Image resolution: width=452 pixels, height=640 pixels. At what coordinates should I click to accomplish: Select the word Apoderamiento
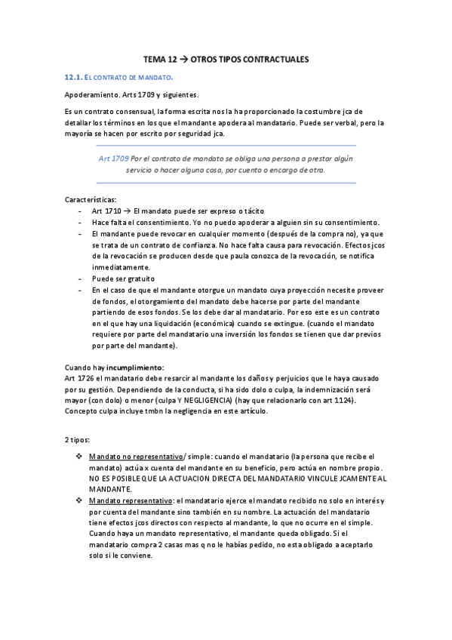pos(89,95)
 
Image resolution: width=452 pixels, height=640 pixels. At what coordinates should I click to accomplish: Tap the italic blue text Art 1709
pos(113,159)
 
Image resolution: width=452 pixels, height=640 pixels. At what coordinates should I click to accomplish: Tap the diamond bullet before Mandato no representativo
pos(81,457)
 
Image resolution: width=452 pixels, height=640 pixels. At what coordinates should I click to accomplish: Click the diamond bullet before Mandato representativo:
pos(81,500)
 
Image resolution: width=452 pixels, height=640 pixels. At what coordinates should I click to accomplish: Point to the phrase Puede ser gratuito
pos(123,278)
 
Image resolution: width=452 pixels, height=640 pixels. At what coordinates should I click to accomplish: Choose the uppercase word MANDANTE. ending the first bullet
pos(112,489)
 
